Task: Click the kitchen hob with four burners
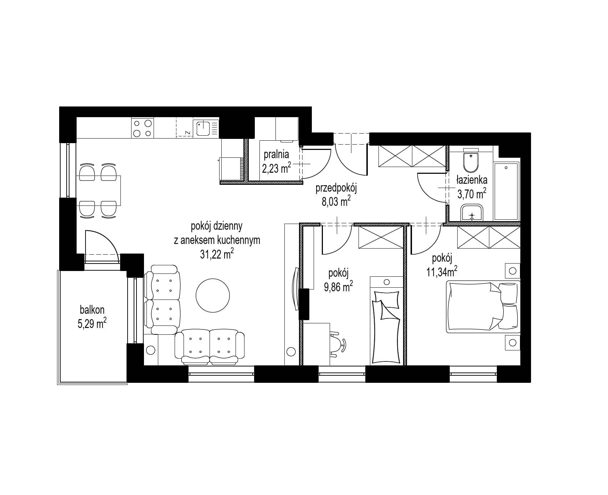[x=143, y=128]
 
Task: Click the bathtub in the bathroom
[x=506, y=191]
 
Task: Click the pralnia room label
[x=276, y=155]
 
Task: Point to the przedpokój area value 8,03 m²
[x=336, y=202]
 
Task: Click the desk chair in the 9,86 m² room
[x=337, y=344]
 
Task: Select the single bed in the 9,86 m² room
[x=386, y=320]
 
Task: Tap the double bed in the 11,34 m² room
[x=483, y=307]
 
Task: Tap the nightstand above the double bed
[x=512, y=271]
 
